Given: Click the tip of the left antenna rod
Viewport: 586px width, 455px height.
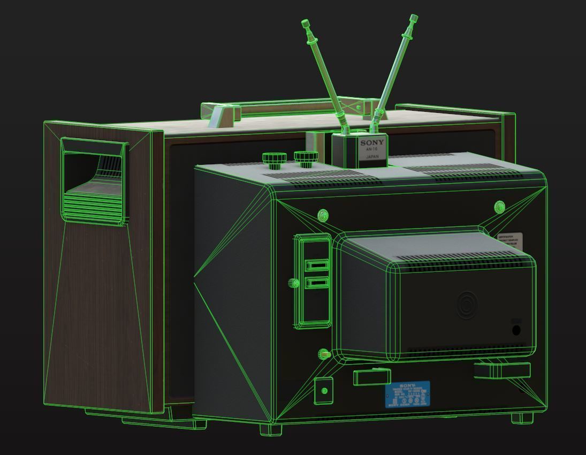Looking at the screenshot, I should pyautogui.click(x=305, y=23).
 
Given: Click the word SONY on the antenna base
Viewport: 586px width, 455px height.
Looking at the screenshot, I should pyautogui.click(x=372, y=143).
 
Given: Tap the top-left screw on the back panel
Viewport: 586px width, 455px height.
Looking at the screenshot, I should pyautogui.click(x=323, y=215).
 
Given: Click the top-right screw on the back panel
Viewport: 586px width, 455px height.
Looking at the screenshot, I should pyautogui.click(x=499, y=206).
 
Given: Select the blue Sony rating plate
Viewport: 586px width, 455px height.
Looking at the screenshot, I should pyautogui.click(x=407, y=395).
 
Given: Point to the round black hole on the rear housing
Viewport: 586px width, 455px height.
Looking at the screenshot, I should pyautogui.click(x=516, y=330).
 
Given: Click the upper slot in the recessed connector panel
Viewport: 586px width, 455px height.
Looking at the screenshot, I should pyautogui.click(x=316, y=265).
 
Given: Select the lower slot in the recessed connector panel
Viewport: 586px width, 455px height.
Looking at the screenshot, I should pyautogui.click(x=316, y=282).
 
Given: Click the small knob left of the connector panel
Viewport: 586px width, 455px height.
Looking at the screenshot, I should pyautogui.click(x=293, y=283).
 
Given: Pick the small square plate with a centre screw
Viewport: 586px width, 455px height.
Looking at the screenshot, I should pyautogui.click(x=323, y=391).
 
